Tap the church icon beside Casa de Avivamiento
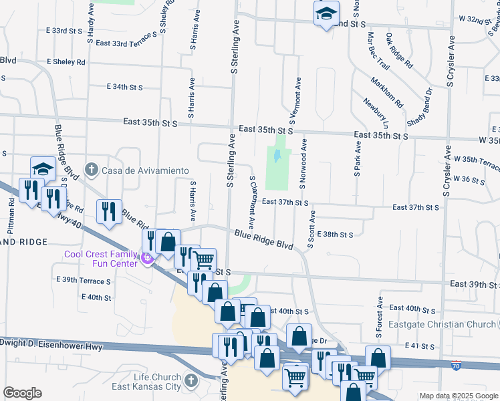click(92, 170)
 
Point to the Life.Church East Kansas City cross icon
click(191, 381)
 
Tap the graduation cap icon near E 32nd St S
click(326, 13)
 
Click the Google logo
click(23, 393)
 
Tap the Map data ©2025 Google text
click(458, 396)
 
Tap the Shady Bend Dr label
click(420, 105)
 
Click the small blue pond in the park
click(277, 158)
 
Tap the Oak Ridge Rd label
click(399, 50)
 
